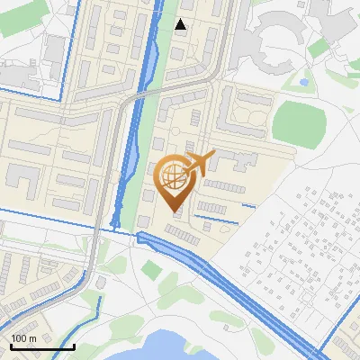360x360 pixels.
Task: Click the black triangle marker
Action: tap(181, 25)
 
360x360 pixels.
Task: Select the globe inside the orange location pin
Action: tap(174, 175)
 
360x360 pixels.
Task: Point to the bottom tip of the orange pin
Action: tap(175, 212)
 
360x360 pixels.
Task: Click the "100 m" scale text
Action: tap(23, 337)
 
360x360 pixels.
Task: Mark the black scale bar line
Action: tap(41, 346)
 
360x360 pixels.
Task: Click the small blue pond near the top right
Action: tap(304, 82)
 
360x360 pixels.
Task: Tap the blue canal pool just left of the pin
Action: tap(130, 162)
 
